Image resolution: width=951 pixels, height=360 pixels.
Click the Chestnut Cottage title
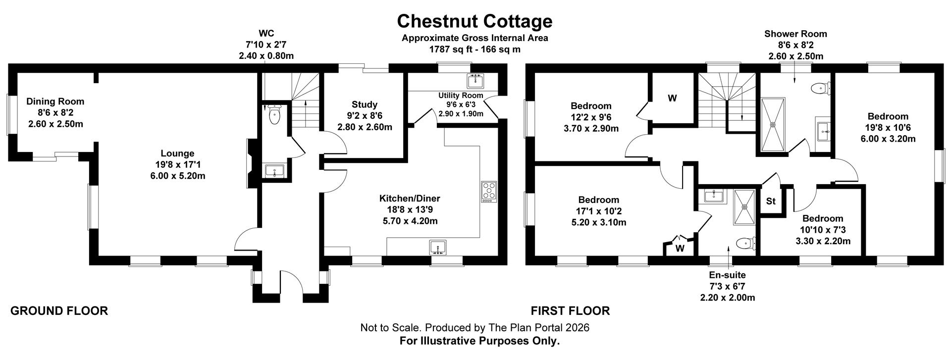tap(475, 21)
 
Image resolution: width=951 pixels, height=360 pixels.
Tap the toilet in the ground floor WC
tap(274, 114)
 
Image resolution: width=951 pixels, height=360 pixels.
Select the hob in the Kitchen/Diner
tap(488, 191)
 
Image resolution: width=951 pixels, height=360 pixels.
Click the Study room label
tap(365, 104)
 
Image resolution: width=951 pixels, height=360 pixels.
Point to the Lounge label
tap(177, 154)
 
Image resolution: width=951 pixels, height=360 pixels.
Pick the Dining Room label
tap(55, 102)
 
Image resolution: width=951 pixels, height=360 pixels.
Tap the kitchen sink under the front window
tap(438, 247)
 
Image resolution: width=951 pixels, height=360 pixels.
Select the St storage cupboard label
tap(771, 202)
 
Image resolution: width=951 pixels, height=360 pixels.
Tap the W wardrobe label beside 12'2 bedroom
tap(672, 98)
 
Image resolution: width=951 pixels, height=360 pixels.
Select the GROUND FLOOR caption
tap(59, 311)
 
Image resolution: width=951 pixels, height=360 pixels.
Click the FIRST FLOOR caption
tap(570, 311)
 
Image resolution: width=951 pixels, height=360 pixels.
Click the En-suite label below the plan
tap(727, 275)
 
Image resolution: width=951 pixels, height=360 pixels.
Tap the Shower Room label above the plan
tap(795, 34)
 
